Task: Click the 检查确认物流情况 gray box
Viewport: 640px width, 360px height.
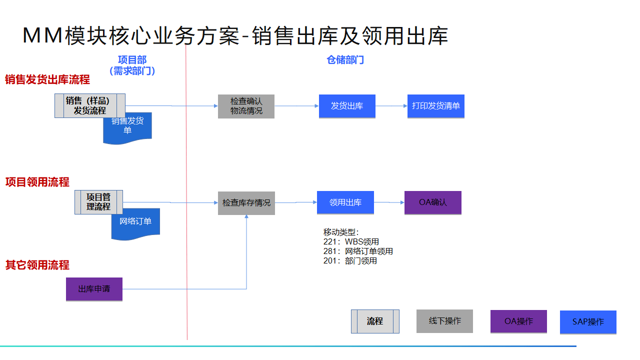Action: click(x=246, y=106)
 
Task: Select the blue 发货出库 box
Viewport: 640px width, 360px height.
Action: click(x=347, y=106)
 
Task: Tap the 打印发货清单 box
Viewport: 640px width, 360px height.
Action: click(x=435, y=106)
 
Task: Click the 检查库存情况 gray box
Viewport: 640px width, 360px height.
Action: click(x=246, y=203)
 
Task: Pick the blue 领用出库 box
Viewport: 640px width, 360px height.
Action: click(x=345, y=202)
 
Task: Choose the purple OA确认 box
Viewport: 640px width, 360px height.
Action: click(x=432, y=202)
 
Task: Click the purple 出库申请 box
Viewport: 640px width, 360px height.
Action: click(x=94, y=289)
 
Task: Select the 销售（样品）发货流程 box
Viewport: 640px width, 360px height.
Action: click(x=90, y=105)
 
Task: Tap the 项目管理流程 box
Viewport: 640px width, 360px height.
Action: click(x=98, y=202)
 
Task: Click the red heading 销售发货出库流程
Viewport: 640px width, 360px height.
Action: click(x=47, y=79)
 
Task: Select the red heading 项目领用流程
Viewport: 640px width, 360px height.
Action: click(x=37, y=182)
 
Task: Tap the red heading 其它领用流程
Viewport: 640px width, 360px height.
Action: click(x=37, y=265)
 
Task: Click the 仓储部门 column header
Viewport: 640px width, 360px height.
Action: click(x=345, y=60)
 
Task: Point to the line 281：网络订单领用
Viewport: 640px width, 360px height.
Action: click(x=358, y=251)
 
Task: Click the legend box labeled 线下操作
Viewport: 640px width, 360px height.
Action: click(x=444, y=321)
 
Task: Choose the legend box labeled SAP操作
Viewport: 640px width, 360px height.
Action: click(x=588, y=322)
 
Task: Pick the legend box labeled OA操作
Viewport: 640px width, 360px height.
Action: click(x=518, y=321)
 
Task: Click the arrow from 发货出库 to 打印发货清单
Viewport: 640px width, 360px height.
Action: click(x=391, y=106)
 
